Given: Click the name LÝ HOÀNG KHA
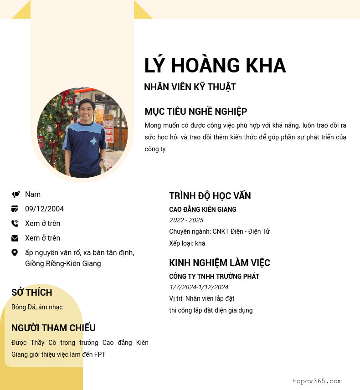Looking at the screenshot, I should pos(215,66).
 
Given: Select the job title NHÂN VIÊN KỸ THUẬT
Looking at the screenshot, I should pos(190,87).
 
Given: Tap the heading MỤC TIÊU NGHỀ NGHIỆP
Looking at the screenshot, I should pos(196,112).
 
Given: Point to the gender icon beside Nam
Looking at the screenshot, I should pos(15,195).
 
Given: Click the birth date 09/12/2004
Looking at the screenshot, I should pos(44,209).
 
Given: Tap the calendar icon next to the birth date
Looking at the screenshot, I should pos(15,209).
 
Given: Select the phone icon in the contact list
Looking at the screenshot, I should pos(15,224).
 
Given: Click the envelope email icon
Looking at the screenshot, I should pos(15,238).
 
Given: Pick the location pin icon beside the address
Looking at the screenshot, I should pos(15,252).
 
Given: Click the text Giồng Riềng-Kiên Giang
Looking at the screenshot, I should pos(63,264).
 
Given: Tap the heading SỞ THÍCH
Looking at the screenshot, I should pos(32,292).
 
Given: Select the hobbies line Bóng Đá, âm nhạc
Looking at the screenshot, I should pos(37,307).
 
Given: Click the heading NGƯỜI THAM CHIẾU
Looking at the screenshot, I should pos(53,328).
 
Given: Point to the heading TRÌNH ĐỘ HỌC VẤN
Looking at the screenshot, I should pos(210,196).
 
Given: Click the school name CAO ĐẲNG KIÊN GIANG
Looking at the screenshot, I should pos(203,210).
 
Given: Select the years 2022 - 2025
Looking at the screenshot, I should pos(186,221).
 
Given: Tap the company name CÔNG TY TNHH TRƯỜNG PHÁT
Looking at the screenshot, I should pos(214,277).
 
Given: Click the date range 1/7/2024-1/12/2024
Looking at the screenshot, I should pos(199,287).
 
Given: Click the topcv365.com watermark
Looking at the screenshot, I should pos(317,381).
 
